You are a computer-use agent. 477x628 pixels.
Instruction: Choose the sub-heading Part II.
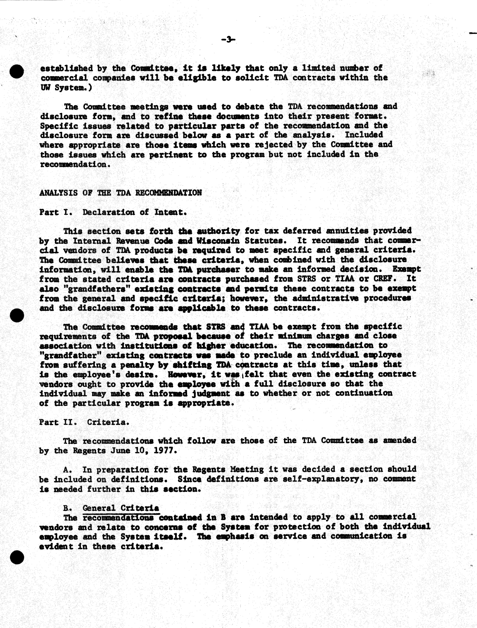(x=58, y=422)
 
